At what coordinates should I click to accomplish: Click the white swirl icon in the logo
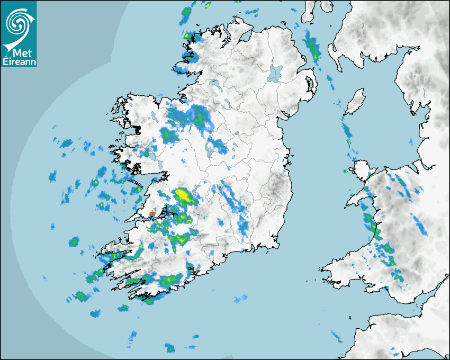[x=19, y=21]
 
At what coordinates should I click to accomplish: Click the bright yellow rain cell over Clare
[x=184, y=195]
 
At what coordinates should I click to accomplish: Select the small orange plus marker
[x=152, y=212]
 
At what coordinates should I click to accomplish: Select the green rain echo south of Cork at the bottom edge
[x=170, y=348]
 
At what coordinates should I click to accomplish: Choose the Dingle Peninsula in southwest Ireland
[x=114, y=254]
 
